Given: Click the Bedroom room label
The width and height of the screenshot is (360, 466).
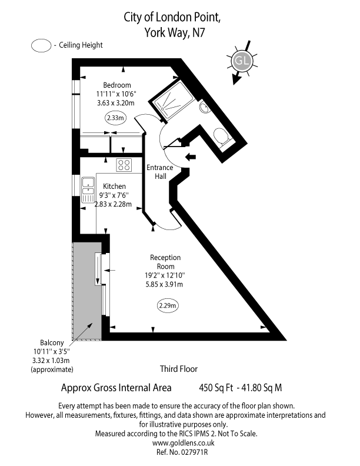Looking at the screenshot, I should [117, 85].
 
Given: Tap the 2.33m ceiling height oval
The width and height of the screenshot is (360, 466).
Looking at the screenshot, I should [115, 118].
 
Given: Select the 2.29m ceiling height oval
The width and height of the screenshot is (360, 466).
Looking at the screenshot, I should [168, 305].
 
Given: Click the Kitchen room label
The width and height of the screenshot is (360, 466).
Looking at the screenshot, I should [114, 186].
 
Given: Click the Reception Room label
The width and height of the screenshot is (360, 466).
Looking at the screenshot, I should [165, 262].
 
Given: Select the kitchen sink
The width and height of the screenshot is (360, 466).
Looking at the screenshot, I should [88, 189].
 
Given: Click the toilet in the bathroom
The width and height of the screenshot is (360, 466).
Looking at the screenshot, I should [222, 138].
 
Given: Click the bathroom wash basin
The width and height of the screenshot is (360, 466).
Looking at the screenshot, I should [204, 108].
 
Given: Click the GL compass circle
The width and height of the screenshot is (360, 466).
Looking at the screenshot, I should [241, 61].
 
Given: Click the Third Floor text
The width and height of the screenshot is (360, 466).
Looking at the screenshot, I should [179, 369].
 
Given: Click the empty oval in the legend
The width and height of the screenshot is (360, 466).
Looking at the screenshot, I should [41, 45].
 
